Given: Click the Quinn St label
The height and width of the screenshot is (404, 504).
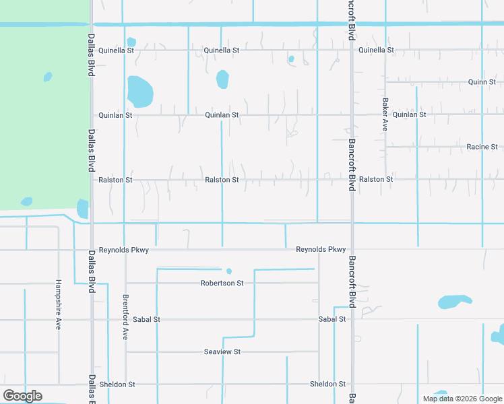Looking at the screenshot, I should pos(482,82).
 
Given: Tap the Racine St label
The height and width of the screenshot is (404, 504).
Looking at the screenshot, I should pos(482,147).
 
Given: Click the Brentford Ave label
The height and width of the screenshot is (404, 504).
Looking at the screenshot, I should pos(125,316).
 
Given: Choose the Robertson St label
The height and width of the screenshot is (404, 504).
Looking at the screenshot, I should pos(222,283).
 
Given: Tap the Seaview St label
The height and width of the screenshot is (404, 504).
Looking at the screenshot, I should pos(222,352).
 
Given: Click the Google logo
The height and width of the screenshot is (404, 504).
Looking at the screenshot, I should pos(22,396).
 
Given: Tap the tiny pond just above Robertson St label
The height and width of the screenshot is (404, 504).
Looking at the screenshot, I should pos(229,271).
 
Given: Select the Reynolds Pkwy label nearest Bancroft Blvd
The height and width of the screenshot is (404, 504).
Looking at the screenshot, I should pos(321,250).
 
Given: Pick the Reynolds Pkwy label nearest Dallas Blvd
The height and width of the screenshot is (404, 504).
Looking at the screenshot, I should pos(123,250).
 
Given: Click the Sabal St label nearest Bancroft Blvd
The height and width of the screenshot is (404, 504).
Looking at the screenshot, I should pos(332,319).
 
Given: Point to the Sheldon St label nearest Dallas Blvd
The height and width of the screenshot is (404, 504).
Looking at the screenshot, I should pos(117,384).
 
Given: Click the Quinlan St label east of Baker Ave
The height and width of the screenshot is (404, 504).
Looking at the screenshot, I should pos(409,115).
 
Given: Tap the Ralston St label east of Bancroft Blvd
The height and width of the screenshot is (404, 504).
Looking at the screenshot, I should pos(376,180).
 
